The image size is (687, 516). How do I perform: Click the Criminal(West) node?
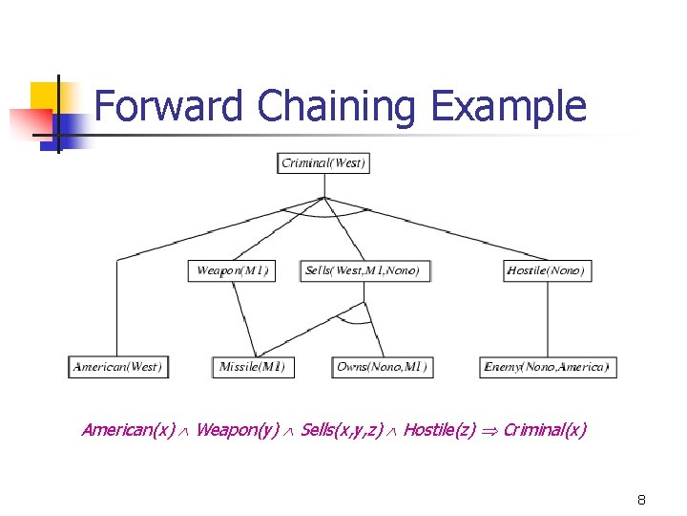click(323, 163)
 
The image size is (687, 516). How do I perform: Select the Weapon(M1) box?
click(232, 270)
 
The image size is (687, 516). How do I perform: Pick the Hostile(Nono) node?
click(546, 270)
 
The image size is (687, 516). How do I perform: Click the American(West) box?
click(118, 366)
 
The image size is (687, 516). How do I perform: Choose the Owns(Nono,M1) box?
click(382, 366)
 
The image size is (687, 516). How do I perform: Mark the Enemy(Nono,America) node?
click(547, 366)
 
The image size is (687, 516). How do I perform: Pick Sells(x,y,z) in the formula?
click(341, 430)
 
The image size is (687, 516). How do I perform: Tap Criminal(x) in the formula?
click(545, 430)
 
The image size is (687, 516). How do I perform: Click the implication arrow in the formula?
click(489, 431)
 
